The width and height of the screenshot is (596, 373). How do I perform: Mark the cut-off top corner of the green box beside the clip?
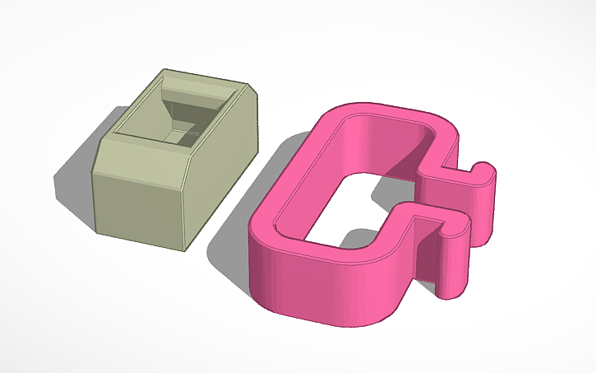[x=249, y=88]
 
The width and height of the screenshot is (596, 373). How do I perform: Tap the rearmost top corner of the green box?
[x=165, y=70]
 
